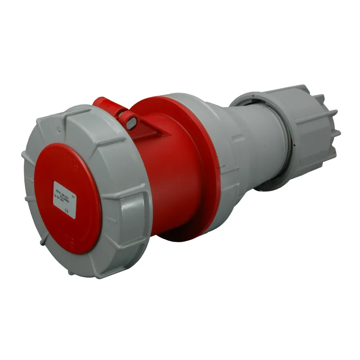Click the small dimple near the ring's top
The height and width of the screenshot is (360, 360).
[x=59, y=129]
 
